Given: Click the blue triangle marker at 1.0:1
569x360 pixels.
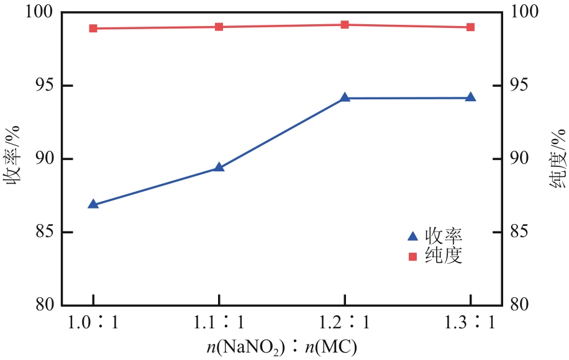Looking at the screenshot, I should click(x=93, y=204).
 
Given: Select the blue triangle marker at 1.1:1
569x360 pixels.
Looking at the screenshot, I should click(x=219, y=168).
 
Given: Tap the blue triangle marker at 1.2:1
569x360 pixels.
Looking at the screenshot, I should click(x=345, y=98).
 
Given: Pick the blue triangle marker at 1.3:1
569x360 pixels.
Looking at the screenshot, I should click(x=470, y=97).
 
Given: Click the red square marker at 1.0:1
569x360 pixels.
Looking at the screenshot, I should click(x=93, y=29).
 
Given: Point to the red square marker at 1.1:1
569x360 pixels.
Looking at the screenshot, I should click(x=219, y=27).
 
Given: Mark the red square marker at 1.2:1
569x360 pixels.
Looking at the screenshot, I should click(x=345, y=25).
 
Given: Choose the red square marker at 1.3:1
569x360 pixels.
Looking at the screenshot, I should click(x=470, y=27).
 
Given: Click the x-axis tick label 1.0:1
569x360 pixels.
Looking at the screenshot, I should click(x=93, y=323).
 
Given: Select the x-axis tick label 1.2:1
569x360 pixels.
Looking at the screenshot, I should click(x=345, y=323).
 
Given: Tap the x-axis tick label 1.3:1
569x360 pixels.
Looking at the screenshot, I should click(x=470, y=323).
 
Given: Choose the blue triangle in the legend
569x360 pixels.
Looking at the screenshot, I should click(x=412, y=236).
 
